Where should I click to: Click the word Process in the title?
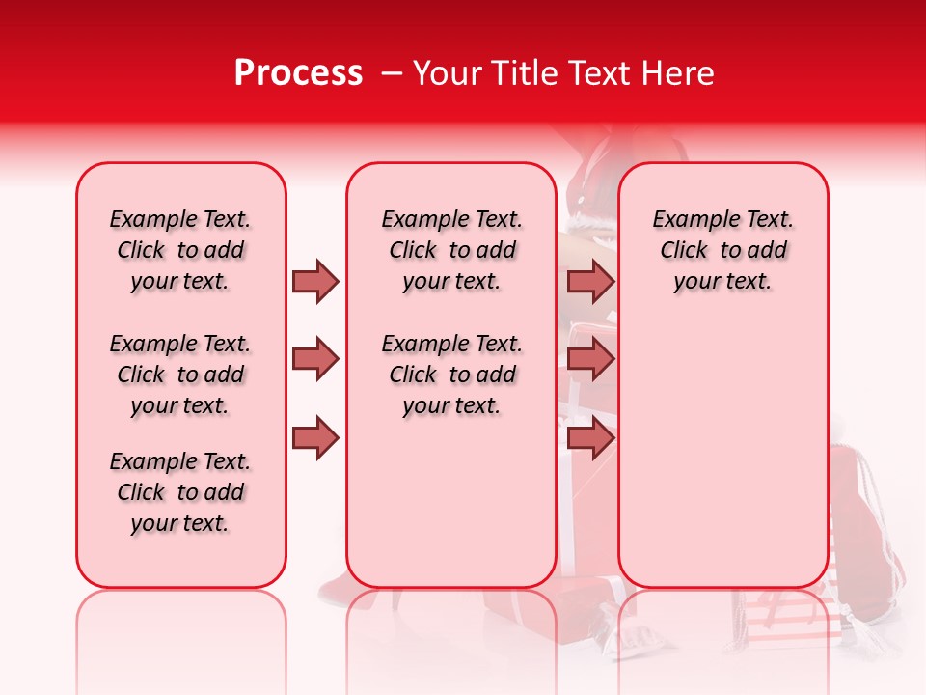tap(298, 73)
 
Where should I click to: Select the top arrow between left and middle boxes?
tap(315, 281)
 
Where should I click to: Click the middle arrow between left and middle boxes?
tap(315, 360)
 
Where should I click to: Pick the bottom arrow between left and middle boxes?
tap(315, 438)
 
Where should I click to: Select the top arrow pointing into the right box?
tap(590, 281)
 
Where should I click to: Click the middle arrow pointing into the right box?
tap(590, 360)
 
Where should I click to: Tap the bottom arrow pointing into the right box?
tap(590, 438)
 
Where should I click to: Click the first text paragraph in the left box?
tap(180, 250)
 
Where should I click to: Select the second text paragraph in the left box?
tap(180, 375)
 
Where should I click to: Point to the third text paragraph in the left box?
tap(180, 492)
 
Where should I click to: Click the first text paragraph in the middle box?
tap(451, 250)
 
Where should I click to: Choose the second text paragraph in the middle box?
tap(451, 375)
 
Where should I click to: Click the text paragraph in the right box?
tap(723, 250)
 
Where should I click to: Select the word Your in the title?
tap(448, 73)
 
